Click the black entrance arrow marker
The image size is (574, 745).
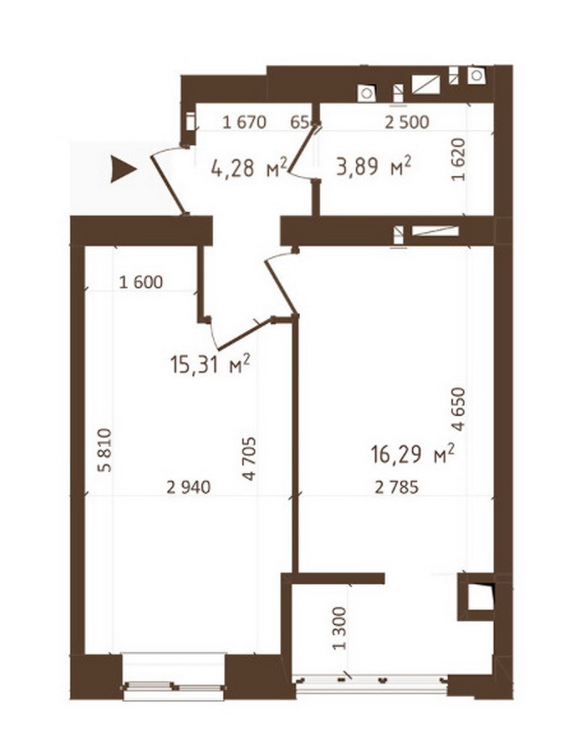click(123, 169)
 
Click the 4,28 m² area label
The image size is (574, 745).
click(249, 167)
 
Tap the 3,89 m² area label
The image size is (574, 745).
click(374, 167)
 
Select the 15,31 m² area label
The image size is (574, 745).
click(210, 365)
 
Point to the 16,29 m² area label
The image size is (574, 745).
click(412, 454)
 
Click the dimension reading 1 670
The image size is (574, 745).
click(244, 123)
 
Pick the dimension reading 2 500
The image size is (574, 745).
click(407, 123)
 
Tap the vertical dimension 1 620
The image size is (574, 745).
click(458, 159)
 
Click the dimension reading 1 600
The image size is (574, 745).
click(141, 282)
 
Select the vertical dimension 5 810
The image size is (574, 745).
click(104, 450)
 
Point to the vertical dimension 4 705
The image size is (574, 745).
click(249, 458)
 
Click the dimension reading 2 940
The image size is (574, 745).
click(188, 487)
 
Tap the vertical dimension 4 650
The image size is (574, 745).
click(459, 410)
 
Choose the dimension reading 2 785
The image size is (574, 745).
click(397, 487)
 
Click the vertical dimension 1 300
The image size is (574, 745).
click(340, 628)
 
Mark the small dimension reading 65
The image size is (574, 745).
click(299, 123)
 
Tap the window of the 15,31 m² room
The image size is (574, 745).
click(173, 687)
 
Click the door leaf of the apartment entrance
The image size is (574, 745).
click(168, 185)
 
